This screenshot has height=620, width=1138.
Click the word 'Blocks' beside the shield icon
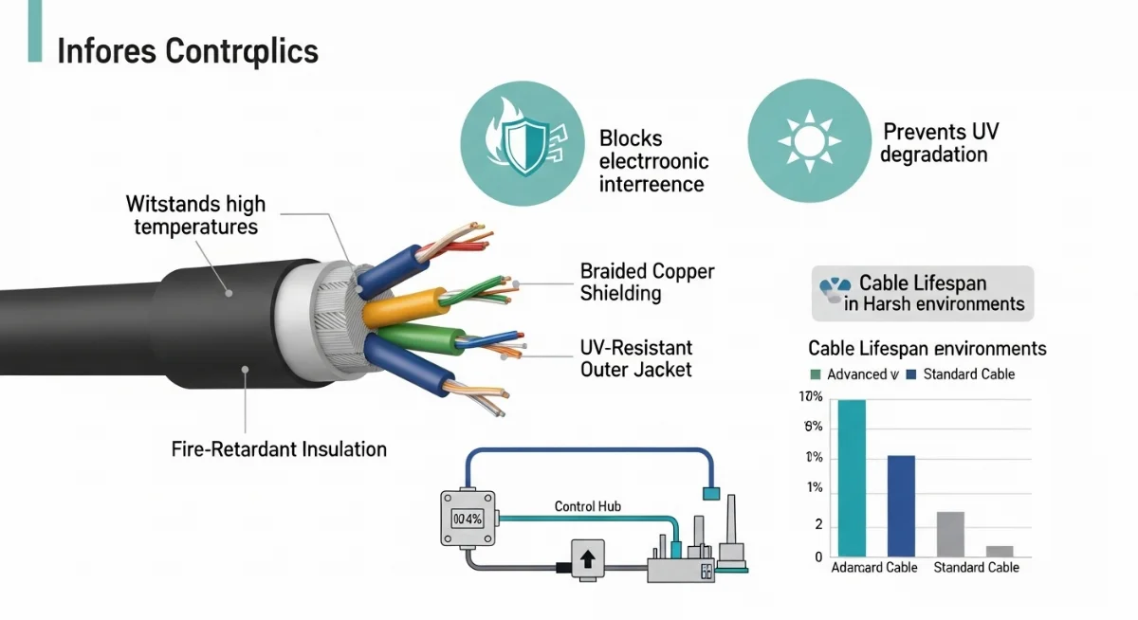pos(631,138)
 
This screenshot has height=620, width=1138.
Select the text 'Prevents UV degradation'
pos(940,142)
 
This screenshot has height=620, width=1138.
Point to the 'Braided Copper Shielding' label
pos(647,283)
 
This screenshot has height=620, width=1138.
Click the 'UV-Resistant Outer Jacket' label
pos(636,358)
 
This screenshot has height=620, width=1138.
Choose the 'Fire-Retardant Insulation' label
pos(279,449)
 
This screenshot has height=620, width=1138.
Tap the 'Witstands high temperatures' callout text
pos(195,215)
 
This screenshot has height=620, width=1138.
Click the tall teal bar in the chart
pos(852,478)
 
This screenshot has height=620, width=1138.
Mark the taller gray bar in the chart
pos(950,534)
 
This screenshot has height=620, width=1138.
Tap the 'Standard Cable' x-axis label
pos(976,568)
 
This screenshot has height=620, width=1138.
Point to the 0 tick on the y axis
pos(817,557)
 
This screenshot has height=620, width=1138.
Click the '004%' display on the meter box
pos(468,519)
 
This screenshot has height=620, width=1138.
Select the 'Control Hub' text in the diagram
pos(587,506)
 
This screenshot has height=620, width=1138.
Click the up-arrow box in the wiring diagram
pos(586,557)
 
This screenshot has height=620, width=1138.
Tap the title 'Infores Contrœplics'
pos(188,51)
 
